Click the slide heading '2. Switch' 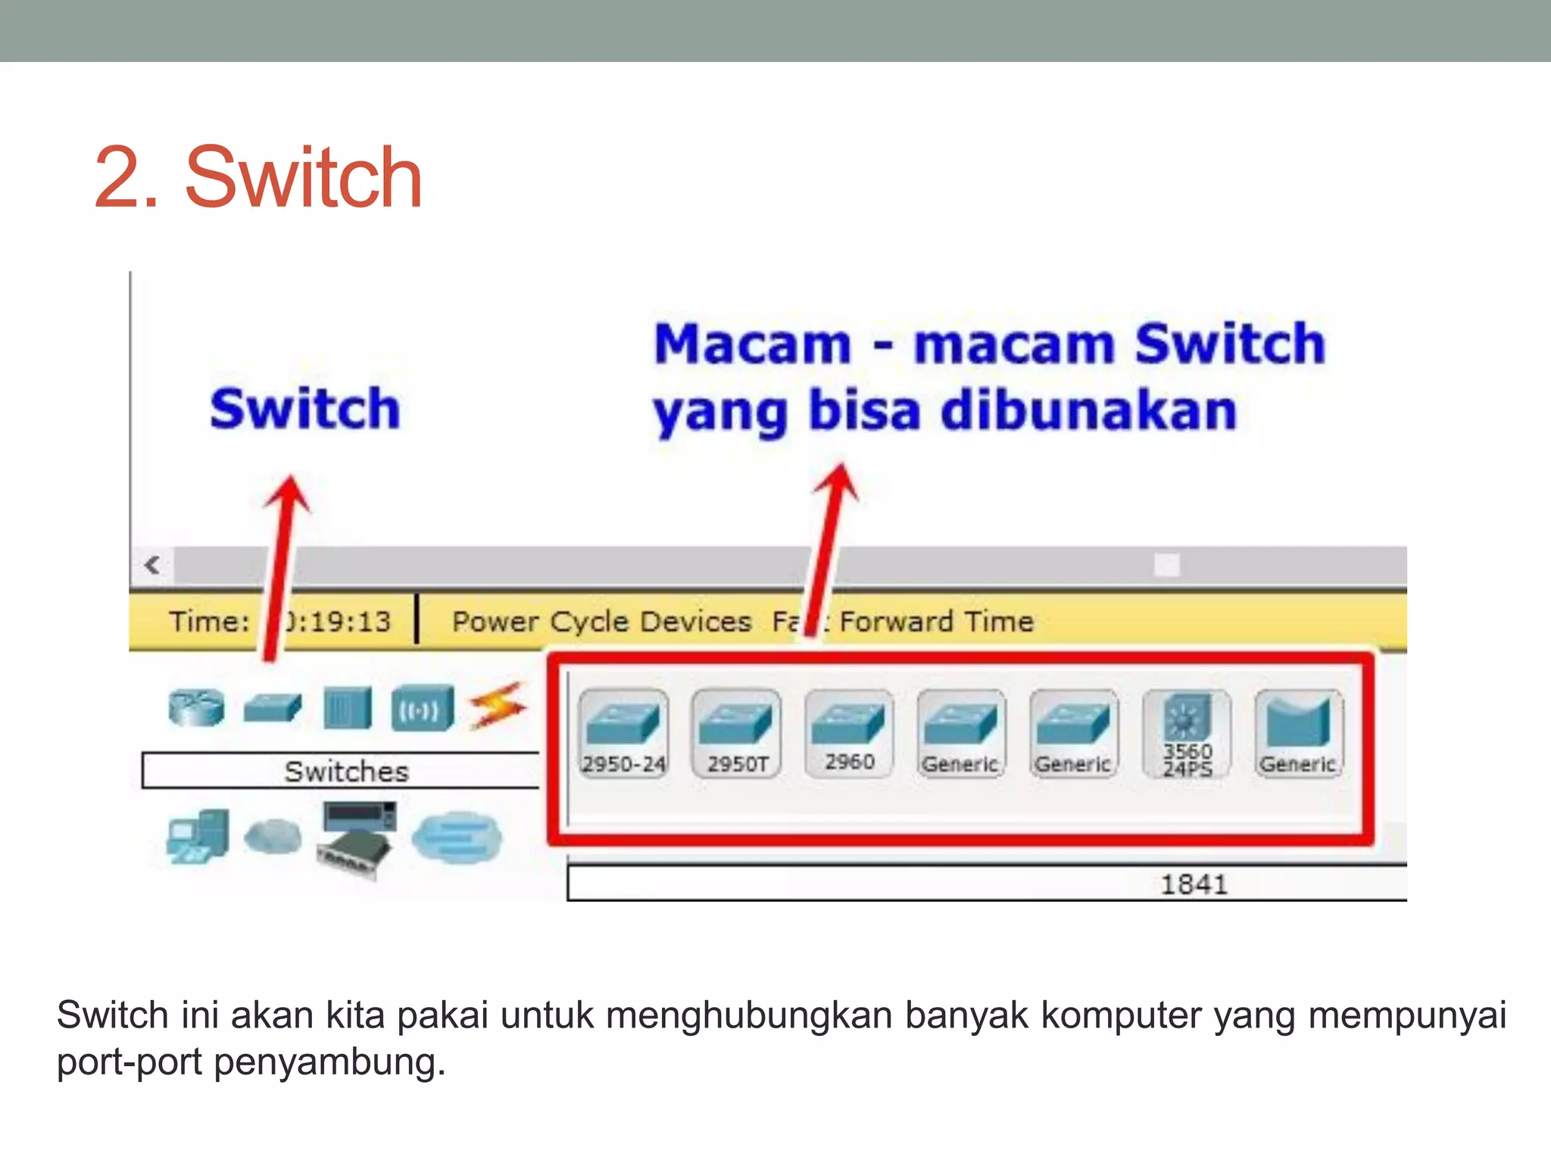pyautogui.click(x=257, y=178)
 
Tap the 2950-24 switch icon pyautogui.click(x=623, y=731)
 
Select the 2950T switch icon pyautogui.click(x=735, y=731)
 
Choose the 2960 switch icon pyautogui.click(x=848, y=731)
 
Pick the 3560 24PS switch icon pyautogui.click(x=1187, y=731)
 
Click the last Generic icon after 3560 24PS pyautogui.click(x=1298, y=731)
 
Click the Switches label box pyautogui.click(x=345, y=771)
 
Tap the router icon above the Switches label pyautogui.click(x=196, y=707)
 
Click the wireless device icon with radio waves pyautogui.click(x=422, y=709)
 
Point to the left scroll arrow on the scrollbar pyautogui.click(x=152, y=565)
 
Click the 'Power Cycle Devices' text pyautogui.click(x=601, y=622)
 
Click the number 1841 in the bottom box pyautogui.click(x=1194, y=884)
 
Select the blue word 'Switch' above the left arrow pyautogui.click(x=304, y=409)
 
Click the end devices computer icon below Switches pyautogui.click(x=198, y=836)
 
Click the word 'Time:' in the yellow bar pyautogui.click(x=209, y=622)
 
